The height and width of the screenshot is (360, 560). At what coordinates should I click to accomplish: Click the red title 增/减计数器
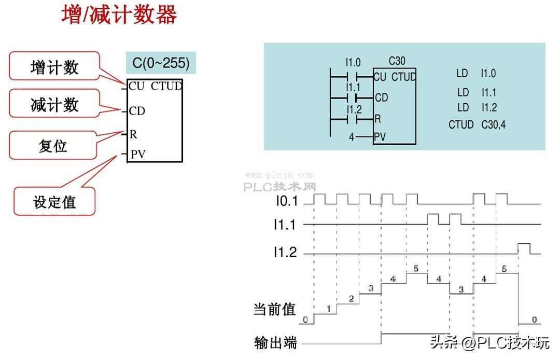119,15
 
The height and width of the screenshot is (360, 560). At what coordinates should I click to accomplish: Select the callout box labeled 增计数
54,66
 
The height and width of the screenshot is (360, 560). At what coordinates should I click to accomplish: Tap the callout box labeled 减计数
54,105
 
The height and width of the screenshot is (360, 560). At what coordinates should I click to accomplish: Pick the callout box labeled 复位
53,145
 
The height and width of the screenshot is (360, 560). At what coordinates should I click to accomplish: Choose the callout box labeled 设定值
54,201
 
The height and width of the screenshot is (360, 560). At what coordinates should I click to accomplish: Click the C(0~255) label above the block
161,63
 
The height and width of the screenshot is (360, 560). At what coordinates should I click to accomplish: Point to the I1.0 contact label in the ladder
353,62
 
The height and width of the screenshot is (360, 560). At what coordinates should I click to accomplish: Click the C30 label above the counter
397,61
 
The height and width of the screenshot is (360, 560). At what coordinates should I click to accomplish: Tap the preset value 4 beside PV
352,137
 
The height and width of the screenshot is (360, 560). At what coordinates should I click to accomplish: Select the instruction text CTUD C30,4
477,124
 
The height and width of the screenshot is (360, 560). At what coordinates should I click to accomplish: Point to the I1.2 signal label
285,253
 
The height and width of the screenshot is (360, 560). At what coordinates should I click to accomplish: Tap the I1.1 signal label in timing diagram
285,224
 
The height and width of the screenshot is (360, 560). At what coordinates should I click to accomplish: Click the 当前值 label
274,310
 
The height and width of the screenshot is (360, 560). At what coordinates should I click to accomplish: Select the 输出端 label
275,343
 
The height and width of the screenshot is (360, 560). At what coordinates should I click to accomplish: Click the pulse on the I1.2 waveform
523,248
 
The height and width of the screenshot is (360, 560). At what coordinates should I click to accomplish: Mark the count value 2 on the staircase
351,299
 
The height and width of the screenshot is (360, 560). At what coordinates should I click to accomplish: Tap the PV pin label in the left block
138,155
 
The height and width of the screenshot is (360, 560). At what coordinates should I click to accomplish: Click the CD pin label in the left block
137,110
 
